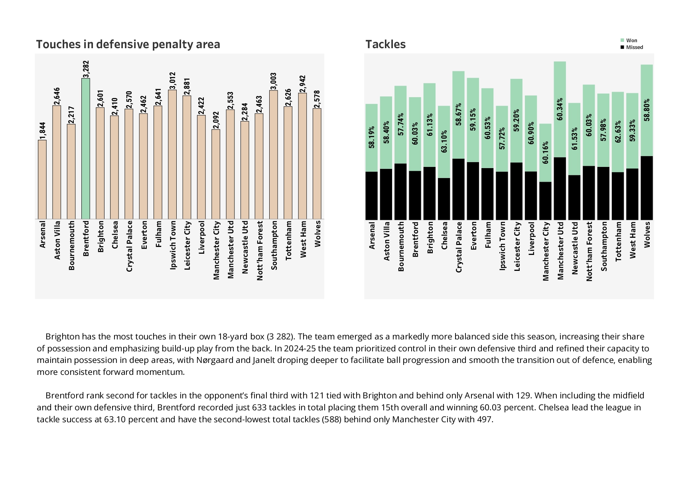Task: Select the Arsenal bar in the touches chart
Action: tap(42, 179)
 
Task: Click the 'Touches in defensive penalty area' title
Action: tap(128, 44)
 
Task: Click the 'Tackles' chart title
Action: tap(385, 44)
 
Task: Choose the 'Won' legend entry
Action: tap(631, 40)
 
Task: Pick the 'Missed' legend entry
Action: tap(634, 47)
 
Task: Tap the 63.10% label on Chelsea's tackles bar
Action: tap(444, 141)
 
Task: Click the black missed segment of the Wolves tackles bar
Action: tap(647, 188)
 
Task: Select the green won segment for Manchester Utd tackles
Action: tap(560, 109)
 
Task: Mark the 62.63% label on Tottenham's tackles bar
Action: tap(618, 132)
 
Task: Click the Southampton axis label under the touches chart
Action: tap(274, 245)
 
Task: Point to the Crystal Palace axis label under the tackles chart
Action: tap(459, 247)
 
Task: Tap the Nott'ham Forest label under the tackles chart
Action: tap(589, 251)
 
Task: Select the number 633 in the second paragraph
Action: tap(259, 408)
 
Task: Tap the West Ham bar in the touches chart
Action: tap(302, 156)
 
